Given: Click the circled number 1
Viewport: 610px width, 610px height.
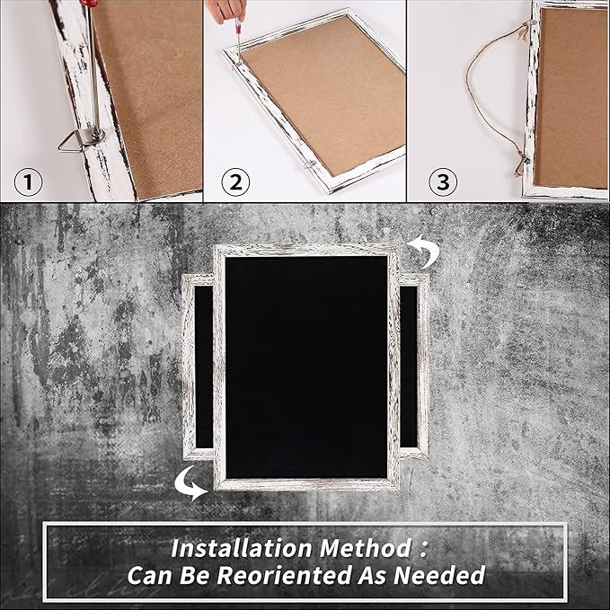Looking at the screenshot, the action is point(28,181).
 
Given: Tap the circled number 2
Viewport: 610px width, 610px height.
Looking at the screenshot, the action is point(235,181).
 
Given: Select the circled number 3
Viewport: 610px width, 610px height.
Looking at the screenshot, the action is point(443,181).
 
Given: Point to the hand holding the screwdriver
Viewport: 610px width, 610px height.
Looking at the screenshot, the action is point(225,11).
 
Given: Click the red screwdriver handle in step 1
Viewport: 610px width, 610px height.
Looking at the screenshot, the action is point(86,3).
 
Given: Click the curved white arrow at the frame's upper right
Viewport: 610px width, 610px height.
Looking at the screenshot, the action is point(426,252).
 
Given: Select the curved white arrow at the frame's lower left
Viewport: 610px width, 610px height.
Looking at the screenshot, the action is point(189,484).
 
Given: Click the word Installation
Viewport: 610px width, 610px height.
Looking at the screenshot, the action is point(241,548).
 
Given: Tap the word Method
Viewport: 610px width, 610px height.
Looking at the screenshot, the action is point(365,548).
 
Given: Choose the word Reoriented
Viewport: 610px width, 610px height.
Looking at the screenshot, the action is point(285,575).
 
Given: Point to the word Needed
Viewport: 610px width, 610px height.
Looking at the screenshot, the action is point(439,575).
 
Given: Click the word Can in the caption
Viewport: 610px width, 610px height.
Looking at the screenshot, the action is point(150,575).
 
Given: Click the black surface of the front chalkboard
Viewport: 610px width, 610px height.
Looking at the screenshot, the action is point(306,367).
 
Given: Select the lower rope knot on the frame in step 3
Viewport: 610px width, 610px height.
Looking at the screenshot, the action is point(522,163).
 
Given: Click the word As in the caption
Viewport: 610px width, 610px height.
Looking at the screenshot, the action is point(372,575).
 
